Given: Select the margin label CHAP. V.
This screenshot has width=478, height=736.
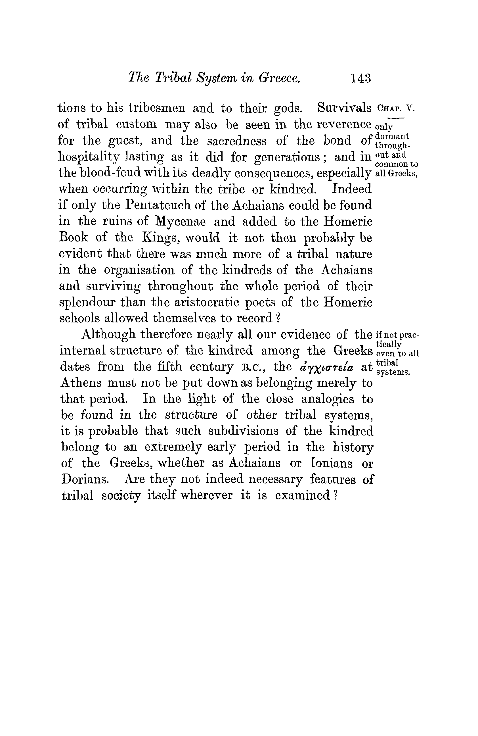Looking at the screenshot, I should coord(396,109).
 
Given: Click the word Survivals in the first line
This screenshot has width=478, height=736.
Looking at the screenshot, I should coord(344,108).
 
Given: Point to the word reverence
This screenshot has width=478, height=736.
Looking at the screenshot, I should coord(341,124).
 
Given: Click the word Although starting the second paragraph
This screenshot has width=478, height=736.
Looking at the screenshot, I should coord(108,334).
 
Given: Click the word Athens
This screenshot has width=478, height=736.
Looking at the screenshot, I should coord(81,383).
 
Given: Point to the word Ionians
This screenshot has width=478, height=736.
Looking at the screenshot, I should coord(331,463).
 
